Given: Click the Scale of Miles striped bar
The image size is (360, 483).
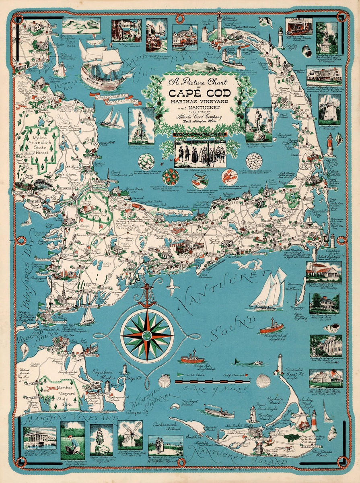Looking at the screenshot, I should pyautogui.click(x=213, y=380).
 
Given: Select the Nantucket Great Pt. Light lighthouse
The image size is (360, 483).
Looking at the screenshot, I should pyautogui.click(x=280, y=364).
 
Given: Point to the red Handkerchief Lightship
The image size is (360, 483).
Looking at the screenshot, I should pyautogui.click(x=271, y=328).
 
